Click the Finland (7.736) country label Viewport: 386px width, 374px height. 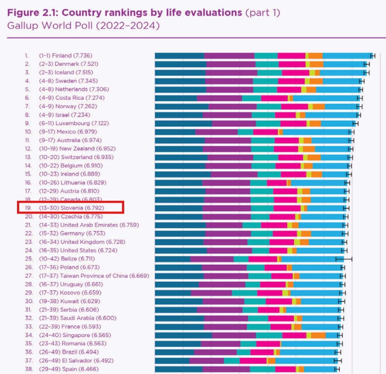(72, 56)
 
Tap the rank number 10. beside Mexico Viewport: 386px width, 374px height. (28, 132)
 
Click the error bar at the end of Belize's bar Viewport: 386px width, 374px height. (344, 259)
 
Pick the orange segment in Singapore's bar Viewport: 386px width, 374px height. (318, 335)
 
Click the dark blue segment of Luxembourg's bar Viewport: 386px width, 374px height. (183, 123)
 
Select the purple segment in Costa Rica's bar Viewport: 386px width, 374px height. (219, 98)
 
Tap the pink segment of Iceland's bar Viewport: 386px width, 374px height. (296, 73)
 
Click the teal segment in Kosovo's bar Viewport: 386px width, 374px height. (244, 293)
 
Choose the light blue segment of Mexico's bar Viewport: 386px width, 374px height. (316, 132)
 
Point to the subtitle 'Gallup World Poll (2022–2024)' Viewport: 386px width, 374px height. (83, 26)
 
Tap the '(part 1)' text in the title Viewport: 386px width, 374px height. (263, 13)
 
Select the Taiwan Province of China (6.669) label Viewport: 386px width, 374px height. (105, 276)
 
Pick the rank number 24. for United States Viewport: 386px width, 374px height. (28, 250)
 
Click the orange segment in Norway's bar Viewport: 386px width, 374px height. (319, 106)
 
